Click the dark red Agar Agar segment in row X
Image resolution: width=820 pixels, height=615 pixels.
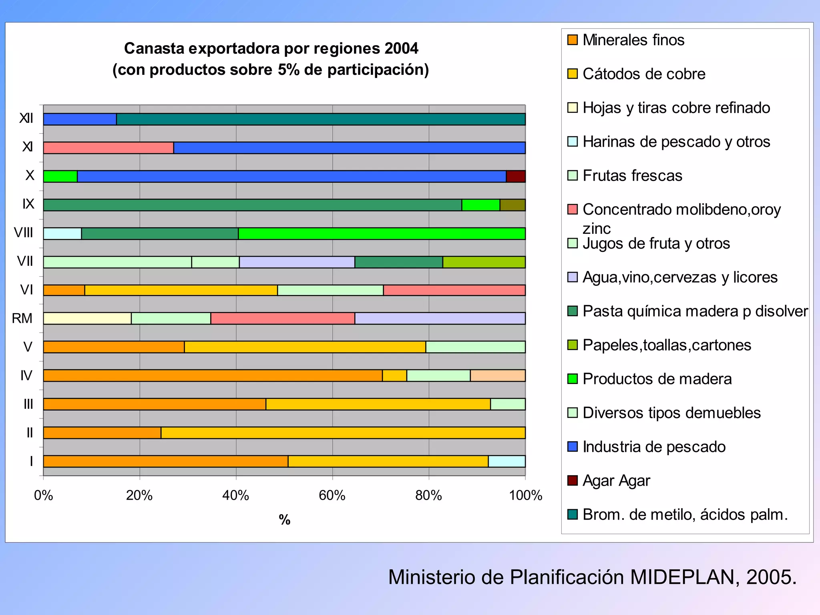pyautogui.click(x=516, y=177)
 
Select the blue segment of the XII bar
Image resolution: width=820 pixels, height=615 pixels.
pyautogui.click(x=80, y=119)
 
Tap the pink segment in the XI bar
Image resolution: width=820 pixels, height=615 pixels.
pyautogui.click(x=108, y=148)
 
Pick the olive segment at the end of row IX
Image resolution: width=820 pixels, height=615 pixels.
pyautogui.click(x=512, y=205)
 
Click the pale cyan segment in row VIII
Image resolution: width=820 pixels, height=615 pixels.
pyautogui.click(x=62, y=233)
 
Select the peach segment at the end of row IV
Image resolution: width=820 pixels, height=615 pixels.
pyautogui.click(x=498, y=376)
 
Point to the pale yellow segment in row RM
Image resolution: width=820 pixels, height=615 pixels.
pyautogui.click(x=87, y=318)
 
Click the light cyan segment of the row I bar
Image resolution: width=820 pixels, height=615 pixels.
pyautogui.click(x=506, y=461)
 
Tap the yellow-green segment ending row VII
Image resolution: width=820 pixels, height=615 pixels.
pyautogui.click(x=484, y=262)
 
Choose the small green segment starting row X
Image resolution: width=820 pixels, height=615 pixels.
pyautogui.click(x=60, y=177)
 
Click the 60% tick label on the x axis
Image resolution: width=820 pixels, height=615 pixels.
pyautogui.click(x=332, y=496)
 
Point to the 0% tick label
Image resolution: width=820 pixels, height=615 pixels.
pyautogui.click(x=43, y=496)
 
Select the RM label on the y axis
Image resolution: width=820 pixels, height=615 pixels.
pyautogui.click(x=22, y=318)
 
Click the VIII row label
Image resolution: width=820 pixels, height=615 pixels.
pyautogui.click(x=23, y=233)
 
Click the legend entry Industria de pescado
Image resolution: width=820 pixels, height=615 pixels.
pyautogui.click(x=653, y=447)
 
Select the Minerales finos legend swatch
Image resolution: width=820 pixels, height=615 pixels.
pyautogui.click(x=573, y=40)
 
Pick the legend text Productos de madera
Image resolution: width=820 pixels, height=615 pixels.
pyautogui.click(x=657, y=379)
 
